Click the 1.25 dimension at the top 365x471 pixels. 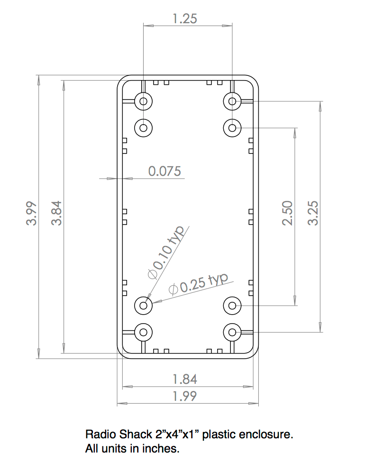185,19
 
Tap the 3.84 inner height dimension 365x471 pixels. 56,214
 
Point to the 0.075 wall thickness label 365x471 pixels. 164,171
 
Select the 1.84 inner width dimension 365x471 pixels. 185,379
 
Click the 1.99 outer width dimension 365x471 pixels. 185,396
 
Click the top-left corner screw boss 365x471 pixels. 144,100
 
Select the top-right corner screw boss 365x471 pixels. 232,100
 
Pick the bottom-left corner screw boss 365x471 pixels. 144,332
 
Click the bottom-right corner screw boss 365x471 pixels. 232,332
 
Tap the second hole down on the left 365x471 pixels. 144,127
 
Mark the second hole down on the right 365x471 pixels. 232,127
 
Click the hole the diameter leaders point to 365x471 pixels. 144,305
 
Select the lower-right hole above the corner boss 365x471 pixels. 232,305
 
